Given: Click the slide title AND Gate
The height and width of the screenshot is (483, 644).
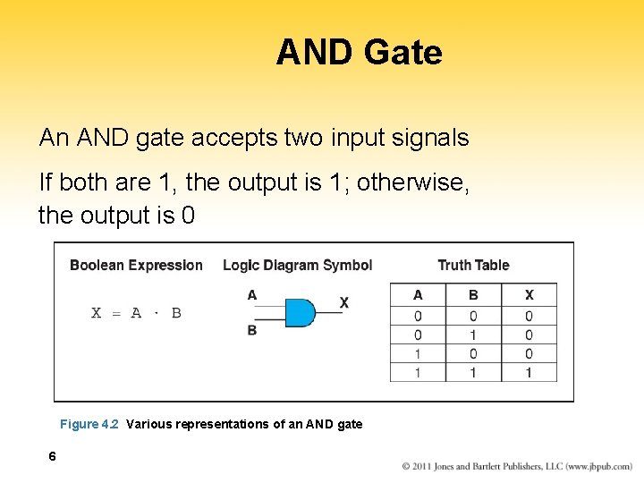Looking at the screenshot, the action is point(359,53).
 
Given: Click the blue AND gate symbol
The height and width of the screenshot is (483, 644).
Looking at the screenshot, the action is point(300,312).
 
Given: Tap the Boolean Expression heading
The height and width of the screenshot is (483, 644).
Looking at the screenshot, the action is point(136,265).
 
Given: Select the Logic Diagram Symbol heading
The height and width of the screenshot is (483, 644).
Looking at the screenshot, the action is point(297,265).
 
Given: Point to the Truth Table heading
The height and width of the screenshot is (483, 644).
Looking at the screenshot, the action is point(473,265).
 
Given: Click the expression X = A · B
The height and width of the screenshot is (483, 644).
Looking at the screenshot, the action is point(136,313).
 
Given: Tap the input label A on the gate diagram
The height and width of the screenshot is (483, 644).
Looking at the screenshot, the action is point(252,295).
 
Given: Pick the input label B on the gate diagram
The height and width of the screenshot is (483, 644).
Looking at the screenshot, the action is point(252,330).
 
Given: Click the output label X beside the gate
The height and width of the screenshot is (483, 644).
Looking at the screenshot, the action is point(344,303).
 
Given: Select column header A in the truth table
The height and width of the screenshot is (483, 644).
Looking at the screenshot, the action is point(418,295).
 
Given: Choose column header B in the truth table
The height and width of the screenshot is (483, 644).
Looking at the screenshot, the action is point(473,295).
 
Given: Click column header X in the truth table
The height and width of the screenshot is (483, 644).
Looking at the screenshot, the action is point(529,295).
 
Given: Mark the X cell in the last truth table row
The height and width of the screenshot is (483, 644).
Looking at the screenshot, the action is point(529,372).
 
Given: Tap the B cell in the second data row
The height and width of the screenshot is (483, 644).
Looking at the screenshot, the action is point(473,335).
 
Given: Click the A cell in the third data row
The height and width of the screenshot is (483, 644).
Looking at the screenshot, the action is point(418,353).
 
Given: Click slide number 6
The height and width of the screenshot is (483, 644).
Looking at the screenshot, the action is point(53,456).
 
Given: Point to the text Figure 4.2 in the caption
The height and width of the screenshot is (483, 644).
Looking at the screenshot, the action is point(89,424).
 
